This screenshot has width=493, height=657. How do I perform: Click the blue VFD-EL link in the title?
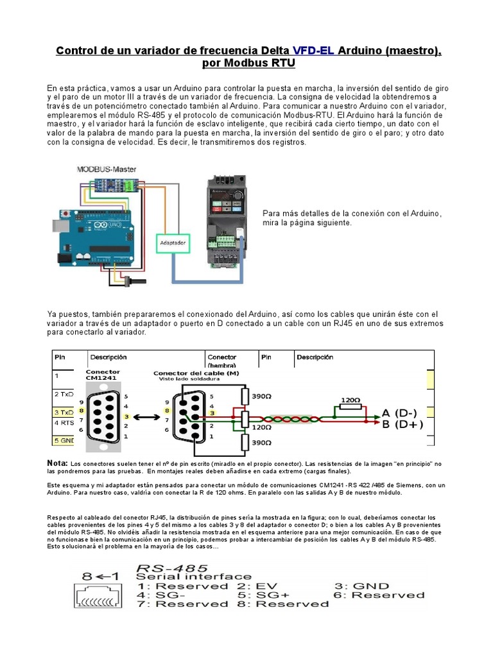(x=313, y=51)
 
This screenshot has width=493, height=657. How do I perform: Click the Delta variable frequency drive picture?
(x=225, y=221)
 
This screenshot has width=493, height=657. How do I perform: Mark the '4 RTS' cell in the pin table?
(x=65, y=423)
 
